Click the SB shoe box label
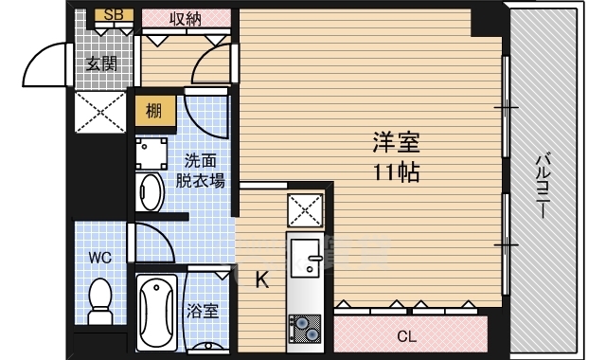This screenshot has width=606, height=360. pyautogui.click(x=114, y=15)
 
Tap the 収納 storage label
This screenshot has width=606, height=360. pyautogui.click(x=186, y=18)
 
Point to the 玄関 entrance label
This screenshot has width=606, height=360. pyautogui.click(x=101, y=63)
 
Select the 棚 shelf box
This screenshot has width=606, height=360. pyautogui.click(x=153, y=112)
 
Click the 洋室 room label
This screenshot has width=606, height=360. pyautogui.click(x=397, y=143)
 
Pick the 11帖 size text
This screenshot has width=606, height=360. pyautogui.click(x=397, y=172)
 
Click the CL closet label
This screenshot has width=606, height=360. pyautogui.click(x=406, y=337)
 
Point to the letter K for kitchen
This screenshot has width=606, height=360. pyautogui.click(x=262, y=279)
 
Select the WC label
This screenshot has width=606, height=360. pyautogui.click(x=100, y=258)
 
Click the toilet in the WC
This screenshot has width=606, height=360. pyautogui.click(x=100, y=301)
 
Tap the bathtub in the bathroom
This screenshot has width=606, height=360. pyautogui.click(x=157, y=312)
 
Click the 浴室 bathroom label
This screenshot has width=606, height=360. pyautogui.click(x=203, y=312)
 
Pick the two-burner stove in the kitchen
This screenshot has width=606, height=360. pyautogui.click(x=305, y=329)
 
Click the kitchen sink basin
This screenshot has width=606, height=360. pyautogui.click(x=305, y=259)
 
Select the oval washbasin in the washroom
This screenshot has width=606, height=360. pyautogui.click(x=150, y=192)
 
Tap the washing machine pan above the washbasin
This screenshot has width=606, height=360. pyautogui.click(x=151, y=153)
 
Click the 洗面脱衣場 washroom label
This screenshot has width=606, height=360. pyautogui.click(x=200, y=171)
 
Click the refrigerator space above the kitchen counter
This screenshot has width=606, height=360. pyautogui.click(x=305, y=210)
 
